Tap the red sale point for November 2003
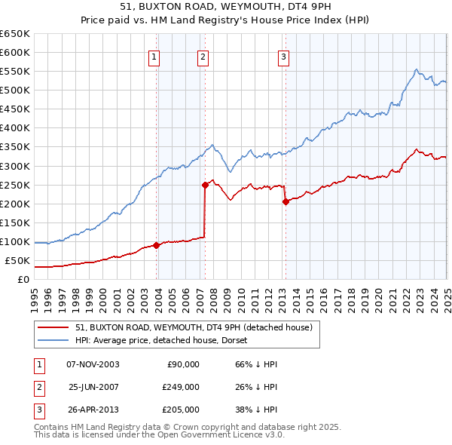point(156,245)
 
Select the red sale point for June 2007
point(205,184)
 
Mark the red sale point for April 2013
point(286,201)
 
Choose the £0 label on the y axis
point(22,280)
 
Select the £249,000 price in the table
point(181,387)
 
